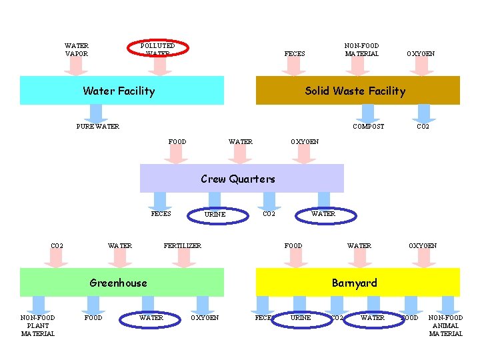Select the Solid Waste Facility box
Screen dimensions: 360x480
pyautogui.click(x=358, y=91)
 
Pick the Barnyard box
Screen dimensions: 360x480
pyautogui.click(x=358, y=283)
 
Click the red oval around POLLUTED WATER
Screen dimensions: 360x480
pyautogui.click(x=159, y=48)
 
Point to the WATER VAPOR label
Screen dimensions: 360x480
pyautogui.click(x=77, y=50)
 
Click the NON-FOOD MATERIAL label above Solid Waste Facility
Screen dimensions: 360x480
pyautogui.click(x=361, y=50)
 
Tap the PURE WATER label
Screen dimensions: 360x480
pyautogui.click(x=98, y=126)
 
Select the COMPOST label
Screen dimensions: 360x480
pyautogui.click(x=368, y=126)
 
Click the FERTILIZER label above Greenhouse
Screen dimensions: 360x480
pyautogui.click(x=183, y=246)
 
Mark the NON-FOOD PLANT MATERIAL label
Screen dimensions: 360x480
pyautogui.click(x=38, y=325)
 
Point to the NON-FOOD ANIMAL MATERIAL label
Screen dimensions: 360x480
pyautogui.click(x=445, y=325)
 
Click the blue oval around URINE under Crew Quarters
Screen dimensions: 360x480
pyautogui.click(x=215, y=214)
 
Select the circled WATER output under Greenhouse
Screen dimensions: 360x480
pyautogui.click(x=151, y=318)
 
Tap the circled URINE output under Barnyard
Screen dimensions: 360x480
pyautogui.click(x=301, y=318)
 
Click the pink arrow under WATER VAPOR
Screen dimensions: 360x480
pyautogui.click(x=77, y=65)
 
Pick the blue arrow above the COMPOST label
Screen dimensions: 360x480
pyautogui.click(x=368, y=113)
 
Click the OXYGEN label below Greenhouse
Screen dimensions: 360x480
pyautogui.click(x=206, y=318)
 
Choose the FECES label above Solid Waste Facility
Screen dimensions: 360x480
pyautogui.click(x=295, y=54)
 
